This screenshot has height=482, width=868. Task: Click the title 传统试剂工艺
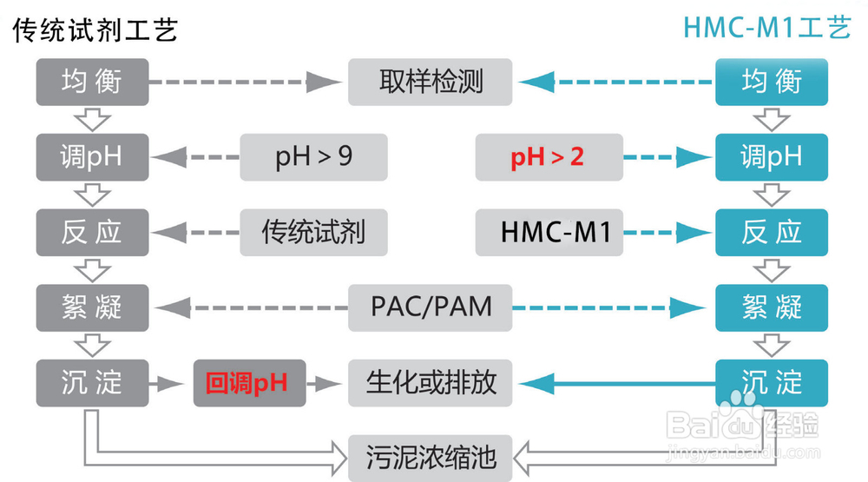tap(95, 30)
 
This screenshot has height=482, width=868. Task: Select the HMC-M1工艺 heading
tap(766, 28)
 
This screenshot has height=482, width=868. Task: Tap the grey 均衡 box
tap(93, 82)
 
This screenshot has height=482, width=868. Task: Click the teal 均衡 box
tap(772, 82)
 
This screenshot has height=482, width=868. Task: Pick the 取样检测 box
tap(431, 82)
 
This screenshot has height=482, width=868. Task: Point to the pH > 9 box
tap(313, 157)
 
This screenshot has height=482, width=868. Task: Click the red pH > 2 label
tap(547, 157)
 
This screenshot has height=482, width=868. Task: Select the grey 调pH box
tap(93, 157)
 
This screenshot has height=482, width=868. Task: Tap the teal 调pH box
tap(772, 157)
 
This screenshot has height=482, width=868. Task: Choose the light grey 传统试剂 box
tap(313, 233)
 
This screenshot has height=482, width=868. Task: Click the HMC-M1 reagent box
tap(549, 233)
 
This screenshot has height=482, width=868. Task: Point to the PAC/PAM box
tap(431, 308)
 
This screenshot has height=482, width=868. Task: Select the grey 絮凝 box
tap(93, 308)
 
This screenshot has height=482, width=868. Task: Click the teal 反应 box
tap(772, 233)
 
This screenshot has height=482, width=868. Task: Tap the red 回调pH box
tap(250, 383)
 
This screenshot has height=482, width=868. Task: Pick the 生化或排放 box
tap(431, 383)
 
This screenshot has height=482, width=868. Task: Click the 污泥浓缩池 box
tap(431, 459)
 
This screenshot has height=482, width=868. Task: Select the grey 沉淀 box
tap(93, 383)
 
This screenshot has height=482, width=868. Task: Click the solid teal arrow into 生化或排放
tap(617, 383)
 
